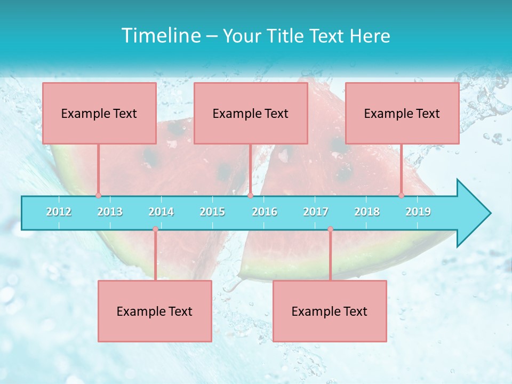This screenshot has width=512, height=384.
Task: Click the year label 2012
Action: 59,212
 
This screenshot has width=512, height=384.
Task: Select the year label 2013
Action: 110,212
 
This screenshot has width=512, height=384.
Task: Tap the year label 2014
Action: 161,212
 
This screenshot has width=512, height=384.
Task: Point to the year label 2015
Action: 212,212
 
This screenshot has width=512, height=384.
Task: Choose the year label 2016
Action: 265,212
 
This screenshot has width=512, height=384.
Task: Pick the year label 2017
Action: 316,212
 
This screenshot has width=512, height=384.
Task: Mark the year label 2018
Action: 367,212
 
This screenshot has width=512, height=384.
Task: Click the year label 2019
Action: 418,212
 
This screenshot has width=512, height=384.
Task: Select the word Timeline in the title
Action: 159,36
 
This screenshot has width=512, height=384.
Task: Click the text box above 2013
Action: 99,113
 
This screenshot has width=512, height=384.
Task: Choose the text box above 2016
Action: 251,113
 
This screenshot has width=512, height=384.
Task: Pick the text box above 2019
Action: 402,113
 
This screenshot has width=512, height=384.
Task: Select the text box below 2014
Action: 155,311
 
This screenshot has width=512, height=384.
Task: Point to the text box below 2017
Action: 330,311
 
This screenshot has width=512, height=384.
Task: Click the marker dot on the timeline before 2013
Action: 98,195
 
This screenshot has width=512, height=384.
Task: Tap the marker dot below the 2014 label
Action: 155,229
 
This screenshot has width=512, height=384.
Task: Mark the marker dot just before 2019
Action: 402,195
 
